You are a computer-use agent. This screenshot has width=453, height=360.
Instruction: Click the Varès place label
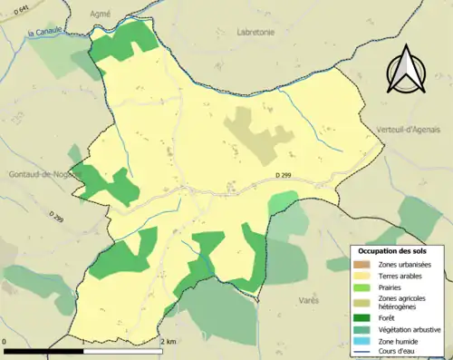(308, 298)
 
